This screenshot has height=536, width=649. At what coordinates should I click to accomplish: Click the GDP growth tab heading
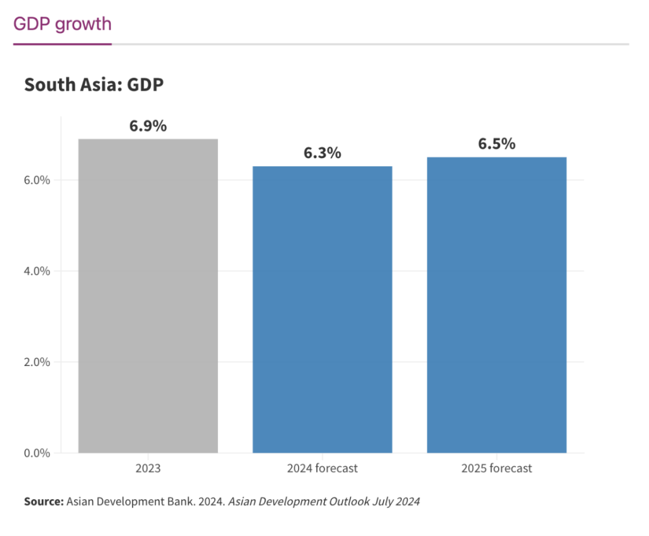[x=62, y=24]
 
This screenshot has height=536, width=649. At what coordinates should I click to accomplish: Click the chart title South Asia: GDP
[x=94, y=84]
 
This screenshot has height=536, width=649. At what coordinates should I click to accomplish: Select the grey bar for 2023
[x=148, y=296]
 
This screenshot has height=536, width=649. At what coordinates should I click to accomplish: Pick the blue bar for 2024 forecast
[x=322, y=310]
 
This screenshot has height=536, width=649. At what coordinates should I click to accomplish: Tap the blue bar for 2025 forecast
[x=496, y=304]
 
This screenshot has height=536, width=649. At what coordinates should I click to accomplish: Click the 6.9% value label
[x=148, y=126]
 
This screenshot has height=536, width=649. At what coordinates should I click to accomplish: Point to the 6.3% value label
[x=322, y=153]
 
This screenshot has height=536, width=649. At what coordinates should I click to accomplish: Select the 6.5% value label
[x=496, y=144]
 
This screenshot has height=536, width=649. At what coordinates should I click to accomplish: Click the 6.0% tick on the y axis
[x=37, y=180]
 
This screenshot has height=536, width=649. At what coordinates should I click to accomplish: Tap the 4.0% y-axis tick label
[x=37, y=271]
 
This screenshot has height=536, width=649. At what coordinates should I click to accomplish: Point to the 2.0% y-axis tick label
[x=37, y=362]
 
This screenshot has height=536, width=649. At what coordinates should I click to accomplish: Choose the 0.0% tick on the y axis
[x=37, y=453]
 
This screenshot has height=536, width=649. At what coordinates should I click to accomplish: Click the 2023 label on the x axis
[x=148, y=469]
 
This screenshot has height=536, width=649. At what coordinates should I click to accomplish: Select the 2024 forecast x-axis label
[x=322, y=469]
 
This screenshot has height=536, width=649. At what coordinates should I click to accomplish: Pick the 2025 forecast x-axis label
[x=496, y=469]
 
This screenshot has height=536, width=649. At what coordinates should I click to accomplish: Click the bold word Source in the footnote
[x=43, y=502]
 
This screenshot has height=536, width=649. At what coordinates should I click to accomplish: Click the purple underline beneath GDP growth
[x=62, y=44]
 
